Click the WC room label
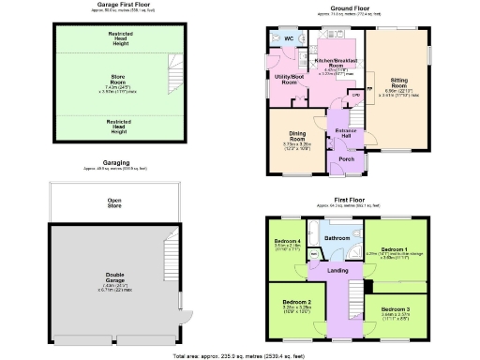pos(290,38)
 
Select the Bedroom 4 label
pos(288,241)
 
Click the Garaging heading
pos(116,162)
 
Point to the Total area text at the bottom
pos(239,356)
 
